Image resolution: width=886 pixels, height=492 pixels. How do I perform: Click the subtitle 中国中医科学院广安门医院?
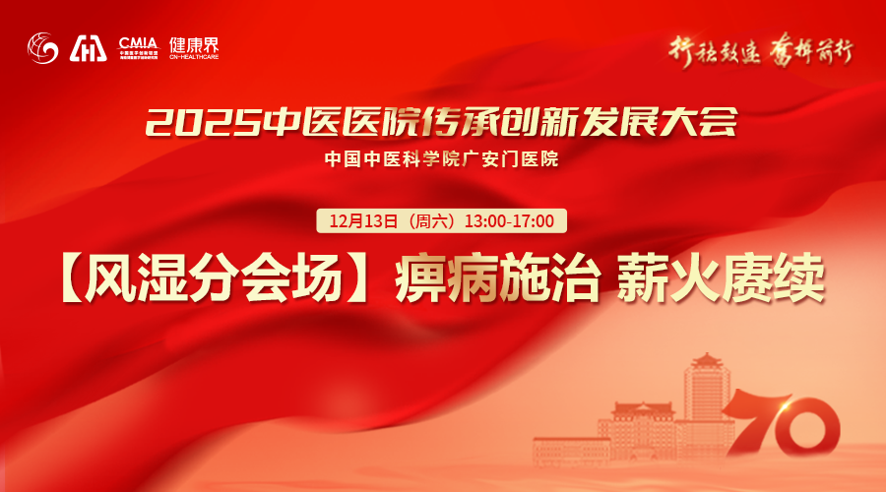click(442, 157)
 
